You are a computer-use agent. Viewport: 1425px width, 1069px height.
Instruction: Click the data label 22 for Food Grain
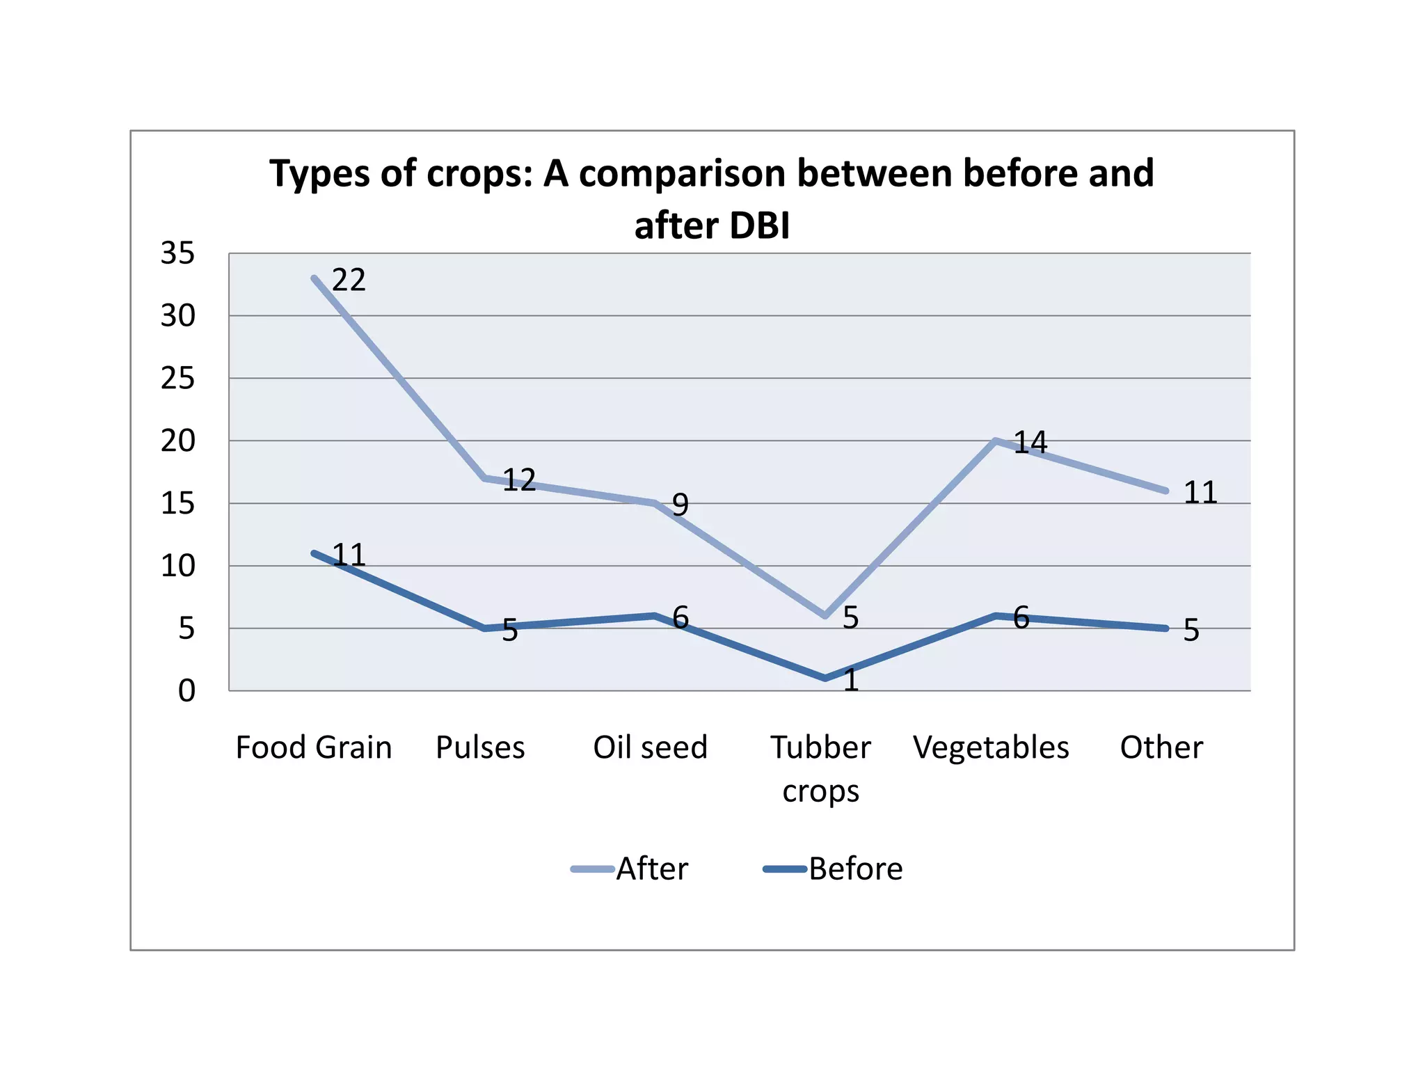pyautogui.click(x=349, y=280)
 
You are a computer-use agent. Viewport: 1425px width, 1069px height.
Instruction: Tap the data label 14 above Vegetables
pyautogui.click(x=1030, y=443)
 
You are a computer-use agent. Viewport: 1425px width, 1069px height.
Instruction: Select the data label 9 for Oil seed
pyautogui.click(x=680, y=505)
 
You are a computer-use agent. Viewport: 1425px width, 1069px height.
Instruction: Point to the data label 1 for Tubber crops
pyautogui.click(x=850, y=680)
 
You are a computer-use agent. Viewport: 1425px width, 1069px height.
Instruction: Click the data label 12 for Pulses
pyautogui.click(x=519, y=480)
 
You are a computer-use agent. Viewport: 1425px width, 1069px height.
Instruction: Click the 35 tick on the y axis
pyautogui.click(x=178, y=253)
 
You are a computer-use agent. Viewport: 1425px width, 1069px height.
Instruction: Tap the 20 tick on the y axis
pyautogui.click(x=178, y=441)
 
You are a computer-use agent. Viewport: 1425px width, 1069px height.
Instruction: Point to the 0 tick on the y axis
pyautogui.click(x=186, y=691)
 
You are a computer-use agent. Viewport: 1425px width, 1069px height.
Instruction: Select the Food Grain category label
pyautogui.click(x=314, y=747)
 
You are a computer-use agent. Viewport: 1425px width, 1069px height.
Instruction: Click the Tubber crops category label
pyautogui.click(x=820, y=768)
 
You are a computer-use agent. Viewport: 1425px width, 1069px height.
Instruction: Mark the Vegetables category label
pyautogui.click(x=991, y=747)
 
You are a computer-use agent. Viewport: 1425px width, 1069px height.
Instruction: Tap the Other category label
pyautogui.click(x=1161, y=747)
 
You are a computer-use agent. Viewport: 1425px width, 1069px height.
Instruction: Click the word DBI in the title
pyautogui.click(x=756, y=226)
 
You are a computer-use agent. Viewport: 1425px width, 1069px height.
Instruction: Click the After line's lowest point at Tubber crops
pyautogui.click(x=825, y=616)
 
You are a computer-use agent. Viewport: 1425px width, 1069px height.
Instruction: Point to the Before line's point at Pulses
pyautogui.click(x=484, y=628)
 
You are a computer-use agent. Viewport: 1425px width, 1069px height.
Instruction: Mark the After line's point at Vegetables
pyautogui.click(x=996, y=441)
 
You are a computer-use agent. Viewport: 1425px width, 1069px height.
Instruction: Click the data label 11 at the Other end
pyautogui.click(x=1200, y=493)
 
